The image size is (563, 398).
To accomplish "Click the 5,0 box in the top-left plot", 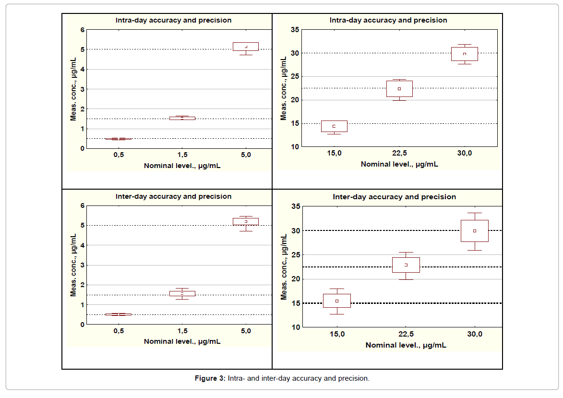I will click(246, 47).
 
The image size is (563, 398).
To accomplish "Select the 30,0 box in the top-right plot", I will click(465, 54).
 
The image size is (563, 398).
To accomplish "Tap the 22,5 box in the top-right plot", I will click(399, 89).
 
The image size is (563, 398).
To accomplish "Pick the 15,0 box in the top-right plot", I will click(334, 126).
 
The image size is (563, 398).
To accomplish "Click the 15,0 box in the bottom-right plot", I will click(337, 301).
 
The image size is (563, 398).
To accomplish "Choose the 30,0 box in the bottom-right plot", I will click(475, 231).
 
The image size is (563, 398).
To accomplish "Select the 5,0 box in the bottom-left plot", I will click(246, 221).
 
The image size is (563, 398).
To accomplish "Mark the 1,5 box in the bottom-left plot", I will click(182, 293).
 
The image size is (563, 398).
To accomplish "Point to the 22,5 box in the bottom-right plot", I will click(406, 265).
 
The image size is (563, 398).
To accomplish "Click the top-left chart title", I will click(173, 20).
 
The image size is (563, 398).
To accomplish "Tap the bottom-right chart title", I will click(395, 197).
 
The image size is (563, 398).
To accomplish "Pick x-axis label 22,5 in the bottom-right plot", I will click(406, 334).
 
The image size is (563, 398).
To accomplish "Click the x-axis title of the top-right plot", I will click(399, 164).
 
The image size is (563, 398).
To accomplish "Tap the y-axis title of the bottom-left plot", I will click(74, 265).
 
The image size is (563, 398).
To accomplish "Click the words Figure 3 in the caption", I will click(210, 378).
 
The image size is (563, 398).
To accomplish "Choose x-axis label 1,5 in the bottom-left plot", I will click(182, 331).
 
